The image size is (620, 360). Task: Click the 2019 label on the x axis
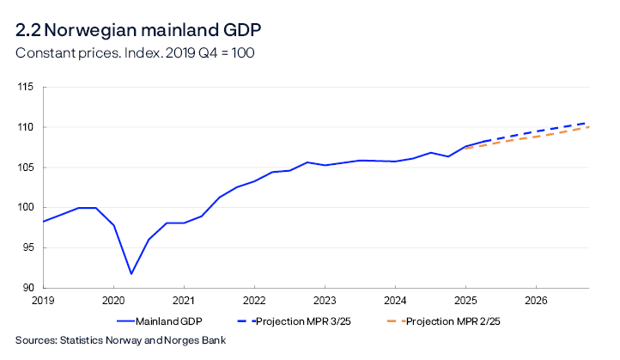(43, 302)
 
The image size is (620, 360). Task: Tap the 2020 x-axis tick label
(113, 302)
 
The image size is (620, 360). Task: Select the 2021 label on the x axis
(184, 302)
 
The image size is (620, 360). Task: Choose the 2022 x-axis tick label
(254, 302)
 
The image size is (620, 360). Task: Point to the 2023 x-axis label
(325, 302)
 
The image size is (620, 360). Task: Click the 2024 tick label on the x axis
(395, 302)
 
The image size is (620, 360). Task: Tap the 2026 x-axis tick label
(536, 302)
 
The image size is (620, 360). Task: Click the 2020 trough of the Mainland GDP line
(131, 274)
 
